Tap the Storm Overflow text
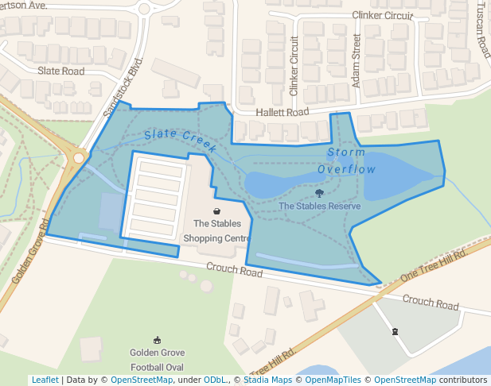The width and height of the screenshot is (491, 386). click(346, 160)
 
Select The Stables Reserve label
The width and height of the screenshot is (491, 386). click(320, 207)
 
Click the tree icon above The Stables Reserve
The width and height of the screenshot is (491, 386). click(320, 193)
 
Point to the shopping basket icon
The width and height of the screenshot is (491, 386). click(216, 211)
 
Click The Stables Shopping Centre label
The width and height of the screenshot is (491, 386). click(216, 231)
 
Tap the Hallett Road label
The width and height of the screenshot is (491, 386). click(282, 113)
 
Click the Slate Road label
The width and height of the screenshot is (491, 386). click(61, 71)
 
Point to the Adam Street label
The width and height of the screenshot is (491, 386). click(357, 60)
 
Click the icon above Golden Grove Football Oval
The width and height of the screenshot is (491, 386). click(157, 339)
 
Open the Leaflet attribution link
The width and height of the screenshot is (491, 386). click(45, 380)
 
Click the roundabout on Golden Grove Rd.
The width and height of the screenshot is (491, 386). click(78, 157)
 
